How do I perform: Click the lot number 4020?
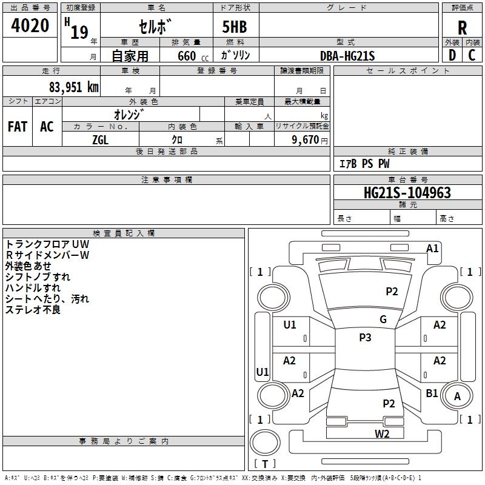(30, 26)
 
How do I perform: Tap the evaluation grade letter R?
(462, 27)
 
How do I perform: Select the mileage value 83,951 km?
(73, 87)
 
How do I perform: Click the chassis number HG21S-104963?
(407, 193)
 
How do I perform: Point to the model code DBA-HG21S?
(347, 56)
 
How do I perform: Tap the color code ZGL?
(100, 139)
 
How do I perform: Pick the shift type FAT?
(17, 126)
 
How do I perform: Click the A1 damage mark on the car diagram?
(432, 248)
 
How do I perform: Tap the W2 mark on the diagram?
(381, 433)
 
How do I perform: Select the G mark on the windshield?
(383, 319)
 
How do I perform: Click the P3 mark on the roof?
(365, 338)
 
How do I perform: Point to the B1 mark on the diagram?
(432, 393)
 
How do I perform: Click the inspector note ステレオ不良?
(33, 310)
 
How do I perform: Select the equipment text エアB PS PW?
(364, 164)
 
